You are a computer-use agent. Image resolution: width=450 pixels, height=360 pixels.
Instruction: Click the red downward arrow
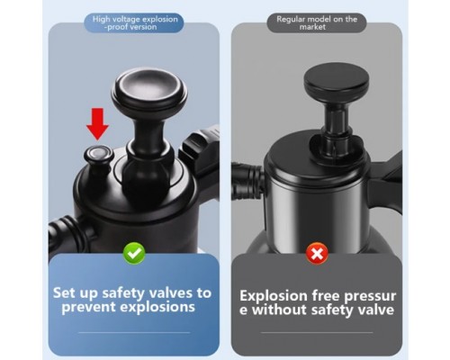pos(97,124)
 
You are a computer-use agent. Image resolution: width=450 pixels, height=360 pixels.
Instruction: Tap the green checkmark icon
pos(134,254)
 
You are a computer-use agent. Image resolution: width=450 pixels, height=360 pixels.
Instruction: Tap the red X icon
pos(317,254)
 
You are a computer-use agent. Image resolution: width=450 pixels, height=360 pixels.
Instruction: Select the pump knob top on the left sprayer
pos(149,90)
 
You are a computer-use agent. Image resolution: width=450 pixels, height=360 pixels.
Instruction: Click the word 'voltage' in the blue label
pos(125,19)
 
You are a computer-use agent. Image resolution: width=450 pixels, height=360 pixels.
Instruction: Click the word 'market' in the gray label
pos(312,27)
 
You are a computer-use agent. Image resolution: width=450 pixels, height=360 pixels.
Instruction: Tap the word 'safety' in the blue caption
pos(124,293)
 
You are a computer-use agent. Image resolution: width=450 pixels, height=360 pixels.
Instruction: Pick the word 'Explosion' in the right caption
pos(274,296)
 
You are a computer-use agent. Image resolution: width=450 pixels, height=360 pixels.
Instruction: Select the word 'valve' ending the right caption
pos(375,310)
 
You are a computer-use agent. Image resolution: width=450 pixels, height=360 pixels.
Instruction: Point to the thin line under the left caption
pos(134,332)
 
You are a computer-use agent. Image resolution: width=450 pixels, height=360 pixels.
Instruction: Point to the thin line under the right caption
pos(317,332)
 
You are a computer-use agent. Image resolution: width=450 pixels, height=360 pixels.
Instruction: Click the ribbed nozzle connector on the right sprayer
pos(247,183)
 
